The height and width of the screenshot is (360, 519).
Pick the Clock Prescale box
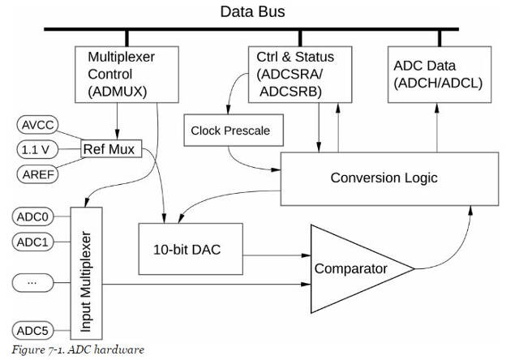click(229, 131)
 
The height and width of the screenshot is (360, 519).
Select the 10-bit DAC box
click(191, 249)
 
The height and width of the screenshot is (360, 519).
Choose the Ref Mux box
click(113, 149)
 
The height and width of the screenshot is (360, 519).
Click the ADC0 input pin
click(34, 216)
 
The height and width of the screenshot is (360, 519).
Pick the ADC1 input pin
click(34, 242)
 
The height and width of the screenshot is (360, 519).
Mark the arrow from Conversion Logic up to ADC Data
click(439, 126)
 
